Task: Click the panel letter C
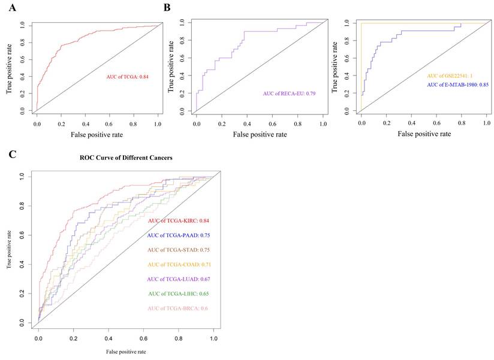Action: click(x=13, y=155)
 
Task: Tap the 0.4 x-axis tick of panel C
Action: click(x=109, y=339)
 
